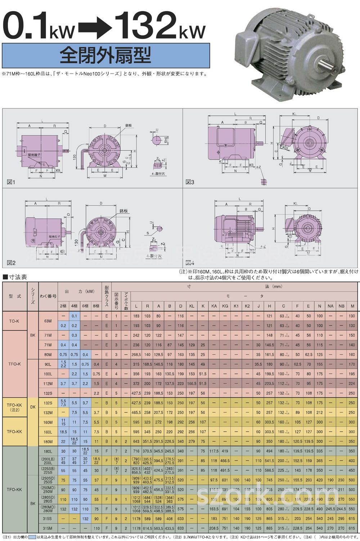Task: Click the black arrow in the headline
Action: click(x=96, y=27)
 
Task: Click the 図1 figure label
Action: click(x=11, y=182)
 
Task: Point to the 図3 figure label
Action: click(x=190, y=182)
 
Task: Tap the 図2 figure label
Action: click(x=11, y=263)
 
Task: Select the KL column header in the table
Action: click(x=192, y=306)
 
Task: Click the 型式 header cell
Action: click(x=15, y=296)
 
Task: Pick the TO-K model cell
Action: click(x=14, y=321)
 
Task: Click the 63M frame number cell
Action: click(x=48, y=321)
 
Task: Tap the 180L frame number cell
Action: click(x=48, y=451)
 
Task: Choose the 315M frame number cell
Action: click(x=48, y=528)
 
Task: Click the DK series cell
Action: click(x=33, y=407)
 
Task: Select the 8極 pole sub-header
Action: click(x=96, y=306)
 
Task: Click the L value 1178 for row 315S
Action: click(x=136, y=519)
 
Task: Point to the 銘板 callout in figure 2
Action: click(x=124, y=211)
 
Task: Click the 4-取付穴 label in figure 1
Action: click(x=158, y=174)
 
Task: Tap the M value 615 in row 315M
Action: click(x=352, y=528)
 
